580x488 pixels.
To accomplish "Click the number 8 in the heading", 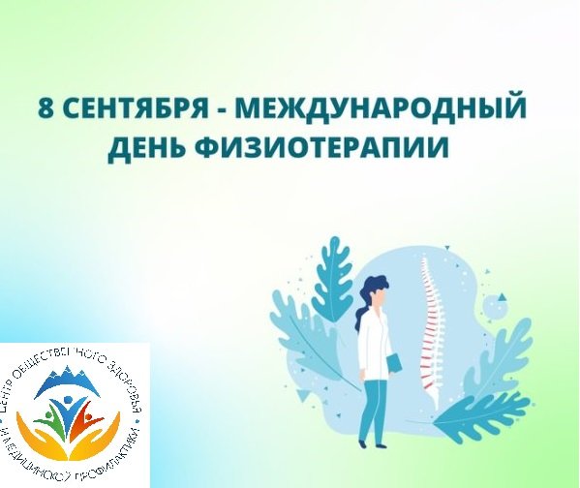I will point(45,107).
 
